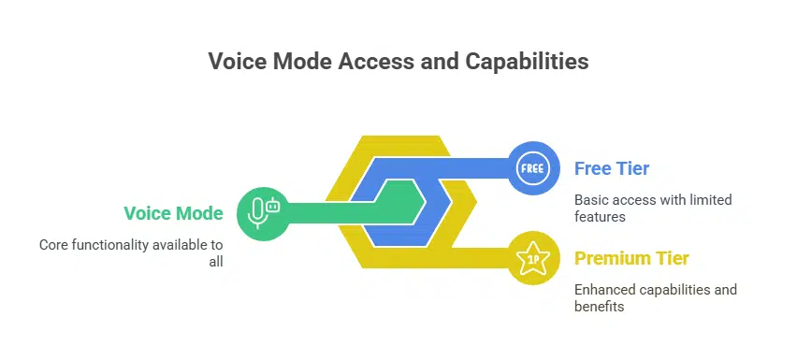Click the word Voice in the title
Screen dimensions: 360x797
coord(236,62)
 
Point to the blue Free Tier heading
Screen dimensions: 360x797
coord(612,169)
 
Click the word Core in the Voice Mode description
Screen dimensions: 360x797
coord(54,245)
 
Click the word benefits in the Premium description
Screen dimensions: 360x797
coord(599,307)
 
